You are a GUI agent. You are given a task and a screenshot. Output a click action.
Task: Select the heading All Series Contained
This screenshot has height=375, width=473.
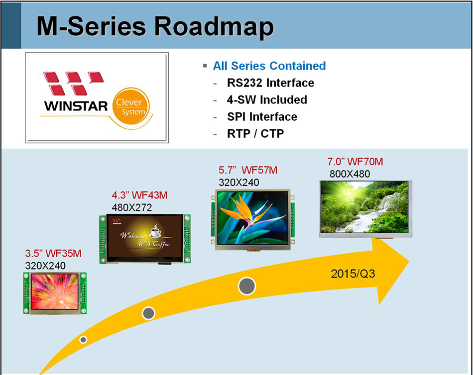coord(269,66)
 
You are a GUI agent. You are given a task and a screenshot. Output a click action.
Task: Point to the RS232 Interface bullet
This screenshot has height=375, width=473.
coord(270,83)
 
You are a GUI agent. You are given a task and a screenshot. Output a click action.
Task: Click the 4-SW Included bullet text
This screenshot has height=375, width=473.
coord(267,99)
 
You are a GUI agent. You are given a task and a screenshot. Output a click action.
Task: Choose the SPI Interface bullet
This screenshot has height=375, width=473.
coord(262,116)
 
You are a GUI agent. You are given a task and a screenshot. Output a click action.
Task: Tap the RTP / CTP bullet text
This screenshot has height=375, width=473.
coord(255,133)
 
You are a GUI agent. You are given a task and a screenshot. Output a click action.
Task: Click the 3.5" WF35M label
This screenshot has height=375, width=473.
coord(53,254)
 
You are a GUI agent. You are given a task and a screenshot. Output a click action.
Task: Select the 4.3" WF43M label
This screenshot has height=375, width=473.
coord(140,195)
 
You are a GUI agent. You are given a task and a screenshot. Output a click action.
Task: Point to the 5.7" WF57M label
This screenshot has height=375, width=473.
coord(248,171)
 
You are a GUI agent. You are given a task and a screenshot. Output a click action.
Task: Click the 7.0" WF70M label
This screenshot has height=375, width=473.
coord(355,162)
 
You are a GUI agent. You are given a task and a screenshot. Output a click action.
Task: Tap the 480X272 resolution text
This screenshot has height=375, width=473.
coord(131,207)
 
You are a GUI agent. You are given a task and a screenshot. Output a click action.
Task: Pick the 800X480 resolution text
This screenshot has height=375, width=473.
coord(350,174)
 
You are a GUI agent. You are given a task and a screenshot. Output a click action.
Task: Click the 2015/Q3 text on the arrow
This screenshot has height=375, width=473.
coord(352,274)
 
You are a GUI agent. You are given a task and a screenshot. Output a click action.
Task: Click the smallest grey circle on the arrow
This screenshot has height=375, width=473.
coord(83,340)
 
